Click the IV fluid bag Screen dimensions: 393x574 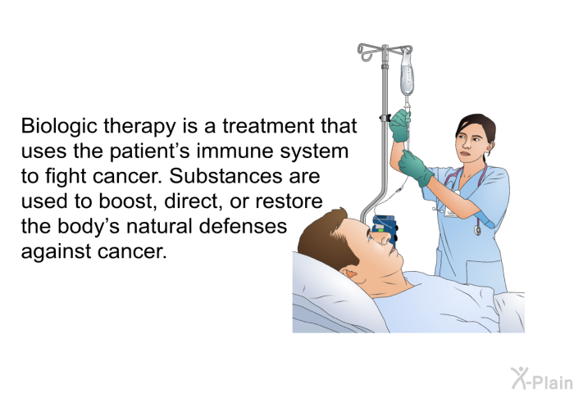click(406, 76)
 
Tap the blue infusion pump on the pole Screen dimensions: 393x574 click(383, 227)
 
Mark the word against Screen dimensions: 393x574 click(56, 251)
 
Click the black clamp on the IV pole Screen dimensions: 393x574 click(384, 120)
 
